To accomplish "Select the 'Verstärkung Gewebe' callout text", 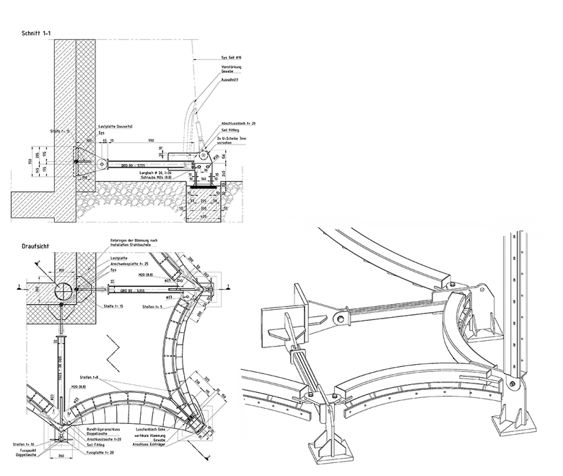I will [231, 69].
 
